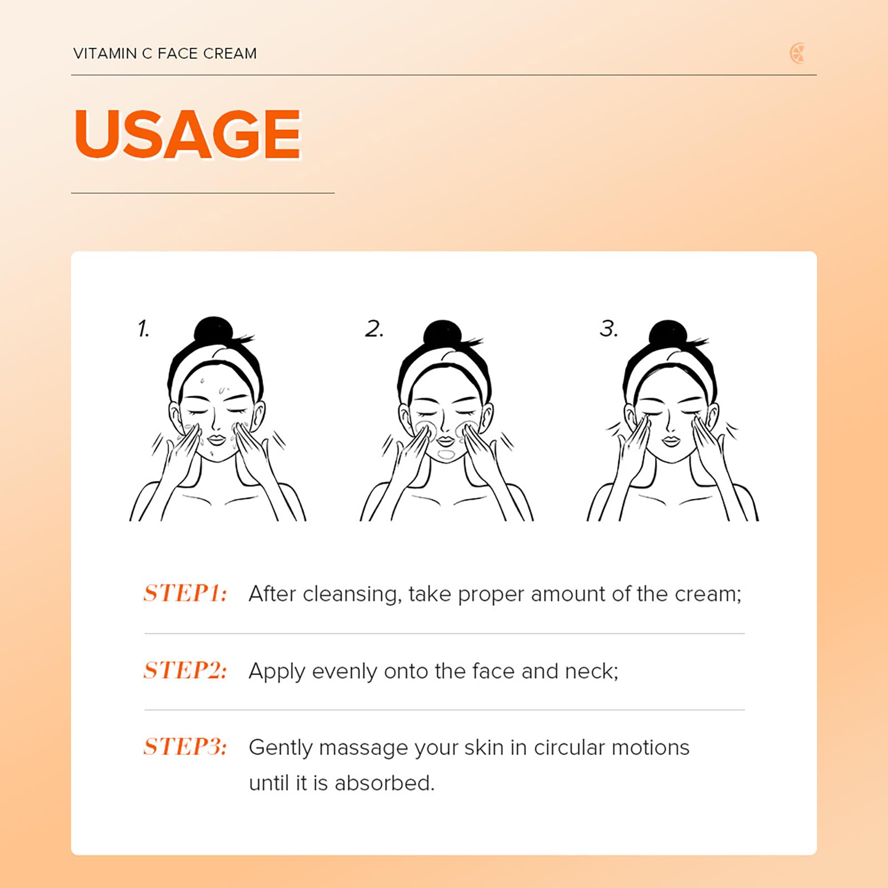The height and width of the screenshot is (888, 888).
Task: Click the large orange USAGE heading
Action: point(188,134)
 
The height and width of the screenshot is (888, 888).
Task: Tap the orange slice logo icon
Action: point(797,53)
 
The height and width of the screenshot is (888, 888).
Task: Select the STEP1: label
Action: point(185,593)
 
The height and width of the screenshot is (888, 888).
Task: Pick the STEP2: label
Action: point(185,670)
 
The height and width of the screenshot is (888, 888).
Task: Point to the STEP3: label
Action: point(185,746)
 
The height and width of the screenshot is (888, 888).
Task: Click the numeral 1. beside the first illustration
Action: point(143,328)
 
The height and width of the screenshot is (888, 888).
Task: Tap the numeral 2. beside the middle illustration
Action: point(374,329)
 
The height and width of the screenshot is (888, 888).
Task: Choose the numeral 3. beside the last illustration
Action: point(609,328)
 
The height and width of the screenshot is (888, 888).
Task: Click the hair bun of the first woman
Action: point(214,331)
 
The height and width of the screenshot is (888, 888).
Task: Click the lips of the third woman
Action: point(672,441)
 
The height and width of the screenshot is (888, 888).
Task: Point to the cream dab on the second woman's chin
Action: point(446,454)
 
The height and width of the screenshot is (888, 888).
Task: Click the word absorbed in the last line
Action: point(384,783)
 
